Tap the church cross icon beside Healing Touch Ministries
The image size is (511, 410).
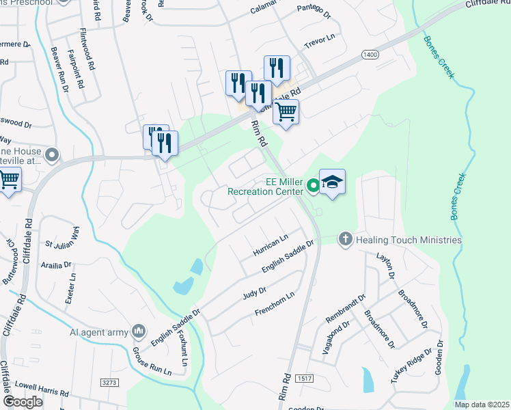[346, 239]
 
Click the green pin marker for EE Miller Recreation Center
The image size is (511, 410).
[313, 184]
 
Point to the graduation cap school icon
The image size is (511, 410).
[332, 182]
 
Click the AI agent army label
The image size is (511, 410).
[99, 332]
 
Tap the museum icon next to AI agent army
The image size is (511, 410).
[139, 332]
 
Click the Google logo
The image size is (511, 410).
[23, 402]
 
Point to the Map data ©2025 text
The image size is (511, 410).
[482, 405]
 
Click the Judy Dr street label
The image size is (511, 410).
[253, 295]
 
